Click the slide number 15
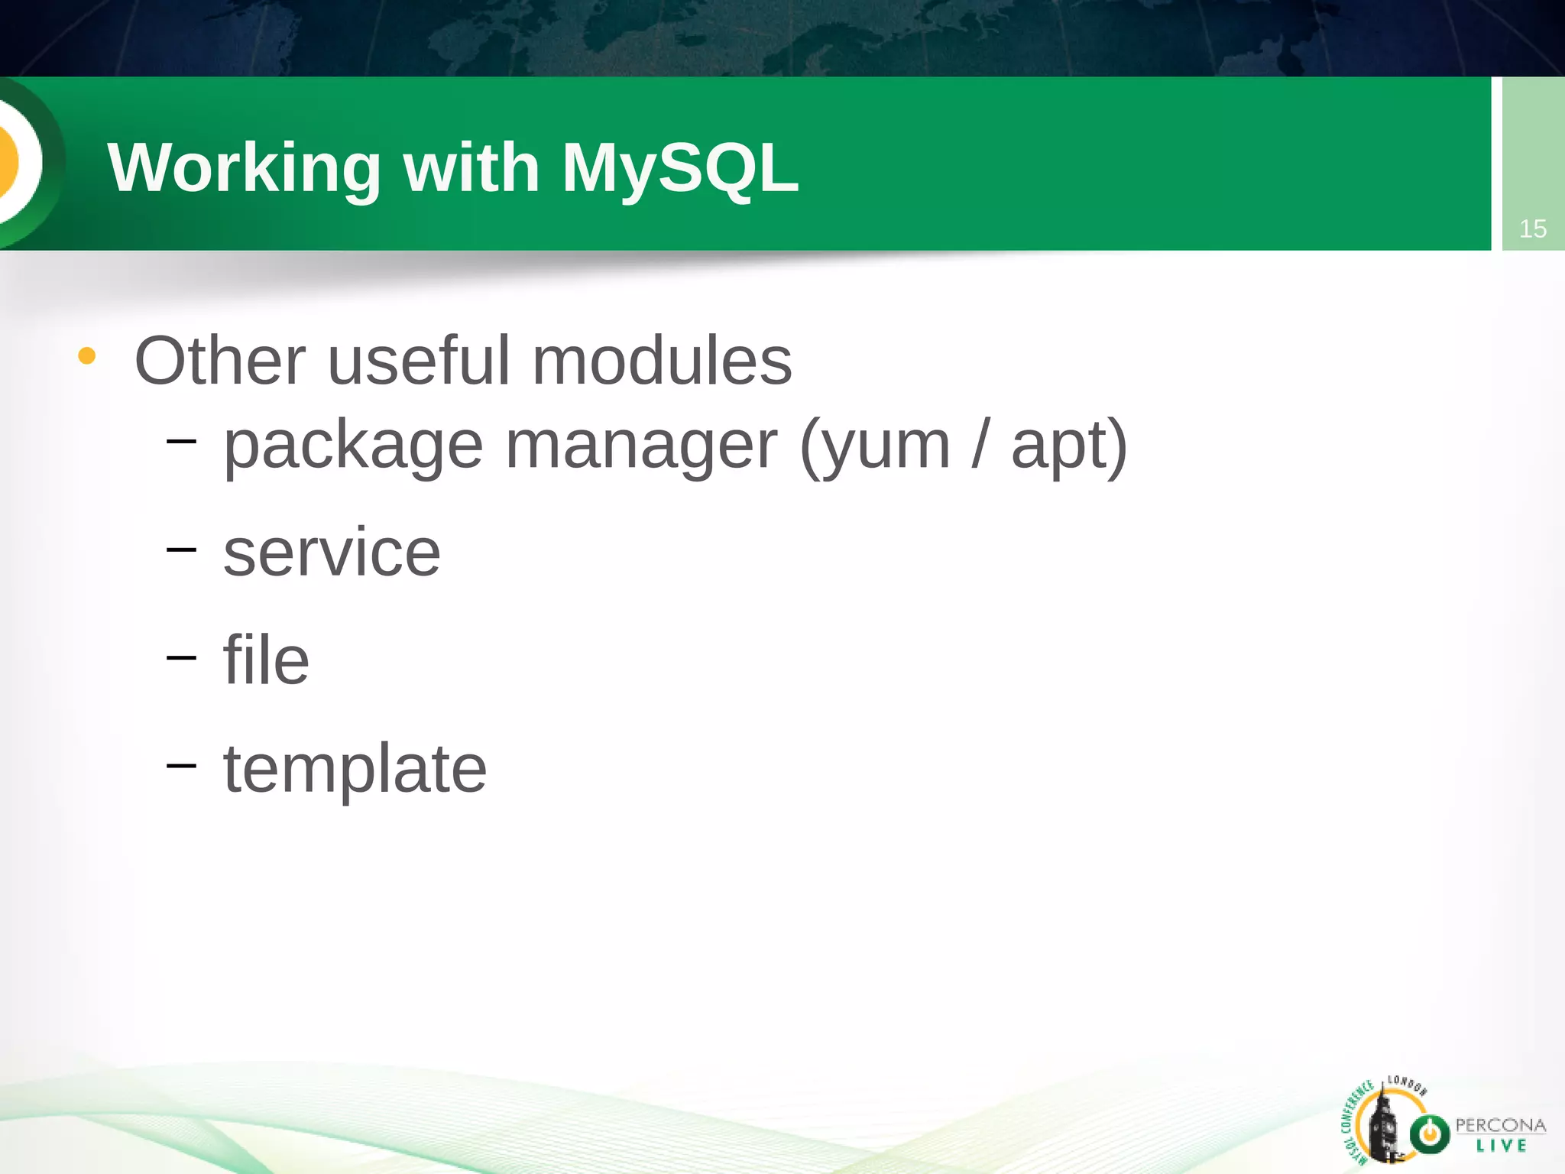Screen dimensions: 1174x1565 point(1532,229)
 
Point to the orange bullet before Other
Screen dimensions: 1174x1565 point(87,356)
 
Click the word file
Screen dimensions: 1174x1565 point(266,660)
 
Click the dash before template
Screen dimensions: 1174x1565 point(181,764)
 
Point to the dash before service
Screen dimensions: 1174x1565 point(181,548)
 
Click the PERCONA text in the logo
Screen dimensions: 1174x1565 point(1499,1125)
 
